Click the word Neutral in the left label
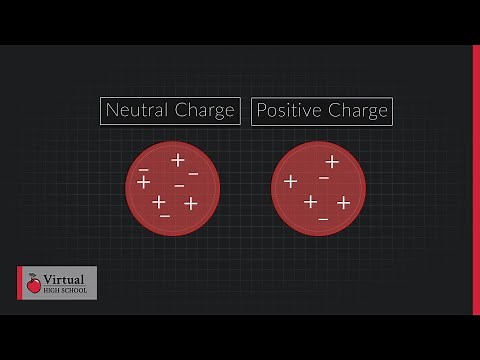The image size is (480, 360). (136, 110)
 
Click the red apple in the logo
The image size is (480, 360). (35, 285)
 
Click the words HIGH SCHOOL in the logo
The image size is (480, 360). (66, 292)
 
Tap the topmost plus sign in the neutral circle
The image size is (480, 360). (178, 160)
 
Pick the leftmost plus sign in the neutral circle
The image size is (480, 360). (144, 182)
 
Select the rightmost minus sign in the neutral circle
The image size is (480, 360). (193, 175)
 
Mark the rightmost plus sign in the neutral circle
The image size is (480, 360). (191, 204)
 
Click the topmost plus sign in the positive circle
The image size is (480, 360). (332, 161)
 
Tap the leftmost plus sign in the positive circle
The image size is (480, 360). (291, 182)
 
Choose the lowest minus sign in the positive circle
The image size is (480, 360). (323, 217)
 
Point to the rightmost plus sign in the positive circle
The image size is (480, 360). (343, 203)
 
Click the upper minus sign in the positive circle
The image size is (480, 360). (324, 178)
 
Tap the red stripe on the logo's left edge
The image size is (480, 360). (20, 283)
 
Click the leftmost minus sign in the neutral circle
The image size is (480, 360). (144, 170)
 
